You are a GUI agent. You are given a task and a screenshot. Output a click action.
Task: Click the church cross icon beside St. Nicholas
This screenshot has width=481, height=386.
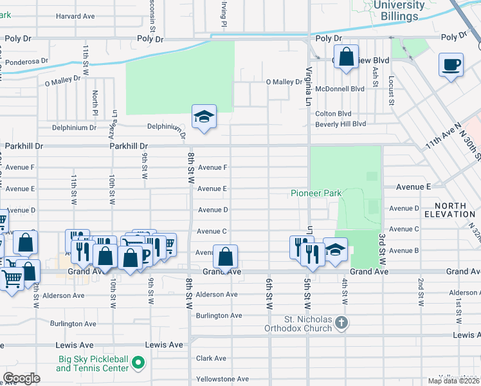[341, 322]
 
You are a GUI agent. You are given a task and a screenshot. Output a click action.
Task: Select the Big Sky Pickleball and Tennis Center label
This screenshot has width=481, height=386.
[91, 363]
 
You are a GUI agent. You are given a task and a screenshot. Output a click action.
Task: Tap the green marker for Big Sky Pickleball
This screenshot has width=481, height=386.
[137, 364]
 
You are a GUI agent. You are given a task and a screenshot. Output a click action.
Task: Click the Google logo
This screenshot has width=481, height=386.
[21, 378]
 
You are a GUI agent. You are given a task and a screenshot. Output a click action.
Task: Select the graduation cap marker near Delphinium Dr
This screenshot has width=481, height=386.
[204, 117]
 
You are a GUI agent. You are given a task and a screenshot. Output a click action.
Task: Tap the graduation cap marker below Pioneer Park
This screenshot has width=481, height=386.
[335, 250]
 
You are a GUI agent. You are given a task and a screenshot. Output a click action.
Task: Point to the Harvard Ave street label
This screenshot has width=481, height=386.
[75, 16]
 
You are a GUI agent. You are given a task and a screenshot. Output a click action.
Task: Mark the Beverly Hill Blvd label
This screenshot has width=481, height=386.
[340, 124]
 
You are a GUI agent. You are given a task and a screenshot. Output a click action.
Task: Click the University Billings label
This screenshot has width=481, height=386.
[399, 10]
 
